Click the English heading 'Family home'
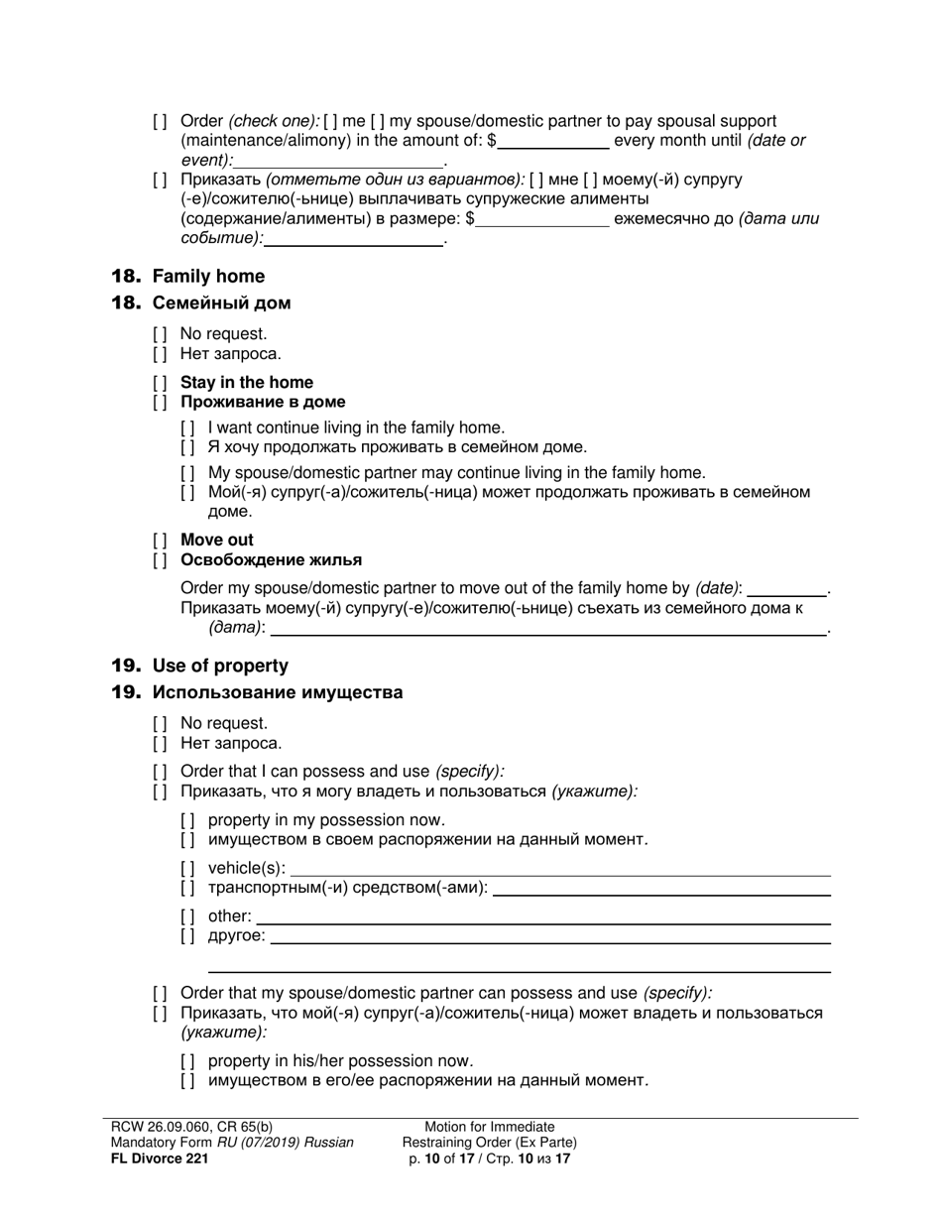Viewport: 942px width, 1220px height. (208, 277)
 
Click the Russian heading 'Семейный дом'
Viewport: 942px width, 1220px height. (221, 304)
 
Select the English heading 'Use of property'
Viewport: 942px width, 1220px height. (220, 667)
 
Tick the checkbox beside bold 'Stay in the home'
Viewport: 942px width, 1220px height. (160, 383)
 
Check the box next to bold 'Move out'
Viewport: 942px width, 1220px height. (160, 541)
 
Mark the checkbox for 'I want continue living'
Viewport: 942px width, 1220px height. (187, 428)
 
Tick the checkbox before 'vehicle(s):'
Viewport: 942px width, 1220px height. (187, 869)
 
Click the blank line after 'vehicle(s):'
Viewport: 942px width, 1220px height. (559, 869)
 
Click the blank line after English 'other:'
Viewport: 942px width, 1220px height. (542, 916)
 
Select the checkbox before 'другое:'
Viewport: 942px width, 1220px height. (187, 936)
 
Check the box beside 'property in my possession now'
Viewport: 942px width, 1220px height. (187, 820)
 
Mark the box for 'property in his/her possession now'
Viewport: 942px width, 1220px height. (187, 1061)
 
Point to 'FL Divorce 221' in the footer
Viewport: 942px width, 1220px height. (160, 1159)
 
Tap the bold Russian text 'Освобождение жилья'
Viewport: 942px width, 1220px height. (271, 560)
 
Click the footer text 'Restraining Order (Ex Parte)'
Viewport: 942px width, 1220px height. (490, 1143)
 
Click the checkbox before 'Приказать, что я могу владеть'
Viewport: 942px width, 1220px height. (160, 792)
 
